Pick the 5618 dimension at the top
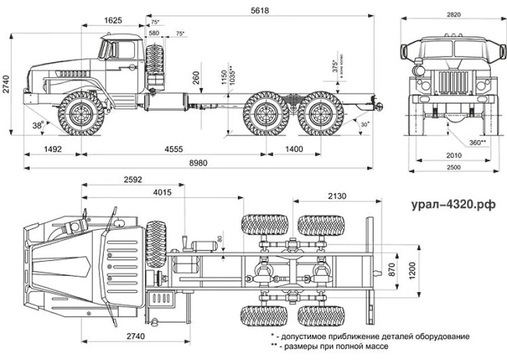262,11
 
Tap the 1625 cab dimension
113,21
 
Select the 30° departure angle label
365,124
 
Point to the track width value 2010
454,155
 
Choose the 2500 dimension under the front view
454,168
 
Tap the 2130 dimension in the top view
337,196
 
